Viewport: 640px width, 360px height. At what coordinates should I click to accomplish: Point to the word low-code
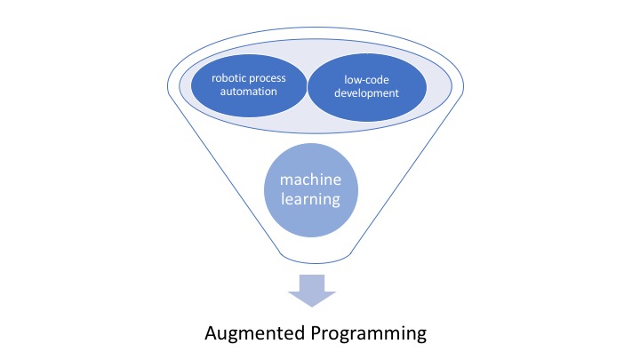tap(367, 78)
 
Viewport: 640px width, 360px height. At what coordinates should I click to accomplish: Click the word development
tap(366, 92)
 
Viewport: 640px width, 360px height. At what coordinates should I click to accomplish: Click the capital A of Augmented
tap(211, 333)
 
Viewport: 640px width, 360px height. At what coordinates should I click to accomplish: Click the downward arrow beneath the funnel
tap(310, 290)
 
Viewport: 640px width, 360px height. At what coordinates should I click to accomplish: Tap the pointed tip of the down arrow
tap(310, 306)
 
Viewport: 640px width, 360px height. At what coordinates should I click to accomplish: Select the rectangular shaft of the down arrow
tap(310, 282)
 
